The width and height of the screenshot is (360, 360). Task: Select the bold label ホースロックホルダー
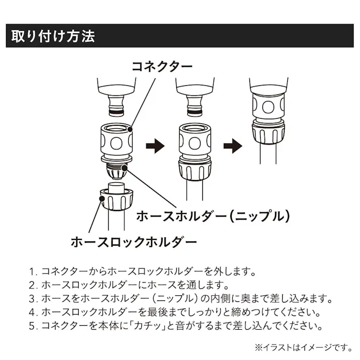pos(133,242)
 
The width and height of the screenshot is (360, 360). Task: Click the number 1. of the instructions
pos(34,271)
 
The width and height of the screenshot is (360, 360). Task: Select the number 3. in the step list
pos(34,298)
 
